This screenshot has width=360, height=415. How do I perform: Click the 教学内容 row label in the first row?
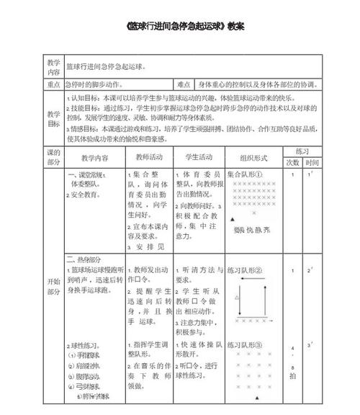54,67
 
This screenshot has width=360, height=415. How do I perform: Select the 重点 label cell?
54,84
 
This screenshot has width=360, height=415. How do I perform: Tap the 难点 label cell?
184,84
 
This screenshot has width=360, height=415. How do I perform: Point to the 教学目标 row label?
54,119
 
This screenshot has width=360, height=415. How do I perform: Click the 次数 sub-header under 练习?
292,164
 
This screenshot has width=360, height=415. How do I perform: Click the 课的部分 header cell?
54,157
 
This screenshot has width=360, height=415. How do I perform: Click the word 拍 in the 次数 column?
292,376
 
